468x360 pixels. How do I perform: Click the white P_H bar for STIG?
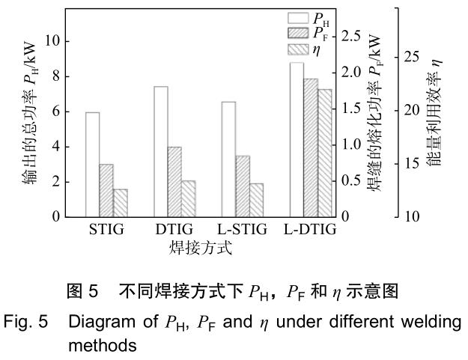92,165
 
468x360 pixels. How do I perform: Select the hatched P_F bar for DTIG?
174,182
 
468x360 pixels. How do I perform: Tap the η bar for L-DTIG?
324,153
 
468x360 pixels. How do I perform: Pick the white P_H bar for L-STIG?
228,159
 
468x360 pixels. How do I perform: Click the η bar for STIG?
120,203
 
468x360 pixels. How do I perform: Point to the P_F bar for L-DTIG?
311,147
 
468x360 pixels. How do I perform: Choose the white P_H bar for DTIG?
160,152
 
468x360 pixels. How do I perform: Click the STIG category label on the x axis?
106,229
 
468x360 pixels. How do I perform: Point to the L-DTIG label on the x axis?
310,229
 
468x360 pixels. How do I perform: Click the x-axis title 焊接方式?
200,248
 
